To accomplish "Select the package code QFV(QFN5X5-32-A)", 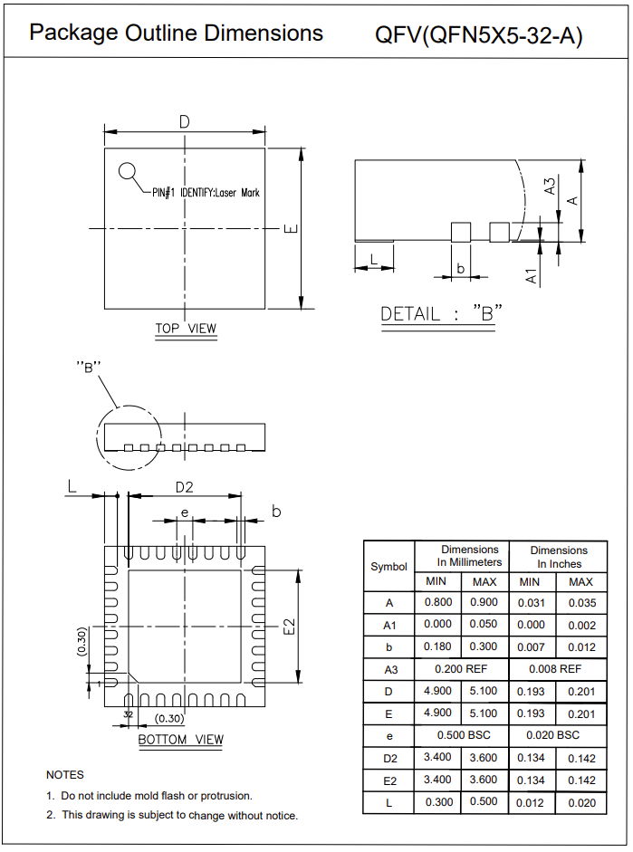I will (479, 35).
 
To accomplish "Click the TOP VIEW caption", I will (186, 329).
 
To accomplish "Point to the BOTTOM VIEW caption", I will (180, 740).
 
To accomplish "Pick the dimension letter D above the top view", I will (185, 121).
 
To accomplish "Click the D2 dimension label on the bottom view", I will (184, 487).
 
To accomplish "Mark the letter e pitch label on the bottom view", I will (184, 512).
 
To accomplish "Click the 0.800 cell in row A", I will (438, 603).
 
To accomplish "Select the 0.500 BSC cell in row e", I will (462, 735).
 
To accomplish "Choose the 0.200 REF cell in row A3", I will (462, 669).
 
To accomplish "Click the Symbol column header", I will (389, 567).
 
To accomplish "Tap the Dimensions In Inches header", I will (558, 557).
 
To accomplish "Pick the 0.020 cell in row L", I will (581, 803).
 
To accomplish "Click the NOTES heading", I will (65, 775).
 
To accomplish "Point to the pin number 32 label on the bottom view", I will (128, 714).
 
